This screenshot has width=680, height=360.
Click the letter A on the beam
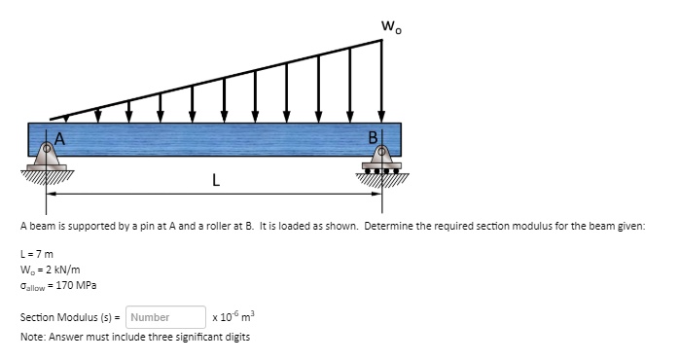pos(60,137)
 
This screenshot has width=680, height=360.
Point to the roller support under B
pos(382,161)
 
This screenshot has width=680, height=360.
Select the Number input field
pos(164,317)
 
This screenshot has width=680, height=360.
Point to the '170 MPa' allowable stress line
pos(56,285)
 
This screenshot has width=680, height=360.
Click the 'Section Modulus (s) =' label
pos(69,317)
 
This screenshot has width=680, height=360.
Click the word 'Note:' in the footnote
pos(34,337)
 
